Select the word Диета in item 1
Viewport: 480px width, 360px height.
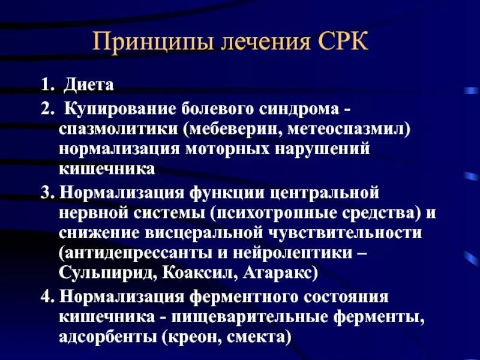click(89, 85)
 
